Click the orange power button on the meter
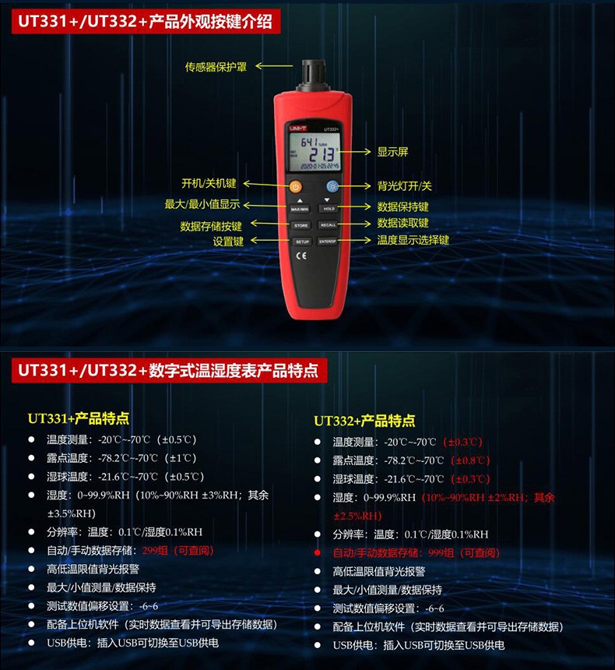click(295, 186)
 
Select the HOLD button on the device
click(329, 209)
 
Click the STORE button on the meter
click(301, 225)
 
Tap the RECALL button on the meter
click(329, 225)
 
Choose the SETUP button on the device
click(301, 242)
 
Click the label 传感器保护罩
click(216, 67)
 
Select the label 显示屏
click(392, 152)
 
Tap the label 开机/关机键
click(208, 184)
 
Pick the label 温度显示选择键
click(413, 241)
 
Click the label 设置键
click(228, 242)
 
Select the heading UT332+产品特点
click(364, 421)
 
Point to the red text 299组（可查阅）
click(184, 550)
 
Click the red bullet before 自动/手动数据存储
click(317, 552)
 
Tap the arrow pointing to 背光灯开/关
click(358, 186)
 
